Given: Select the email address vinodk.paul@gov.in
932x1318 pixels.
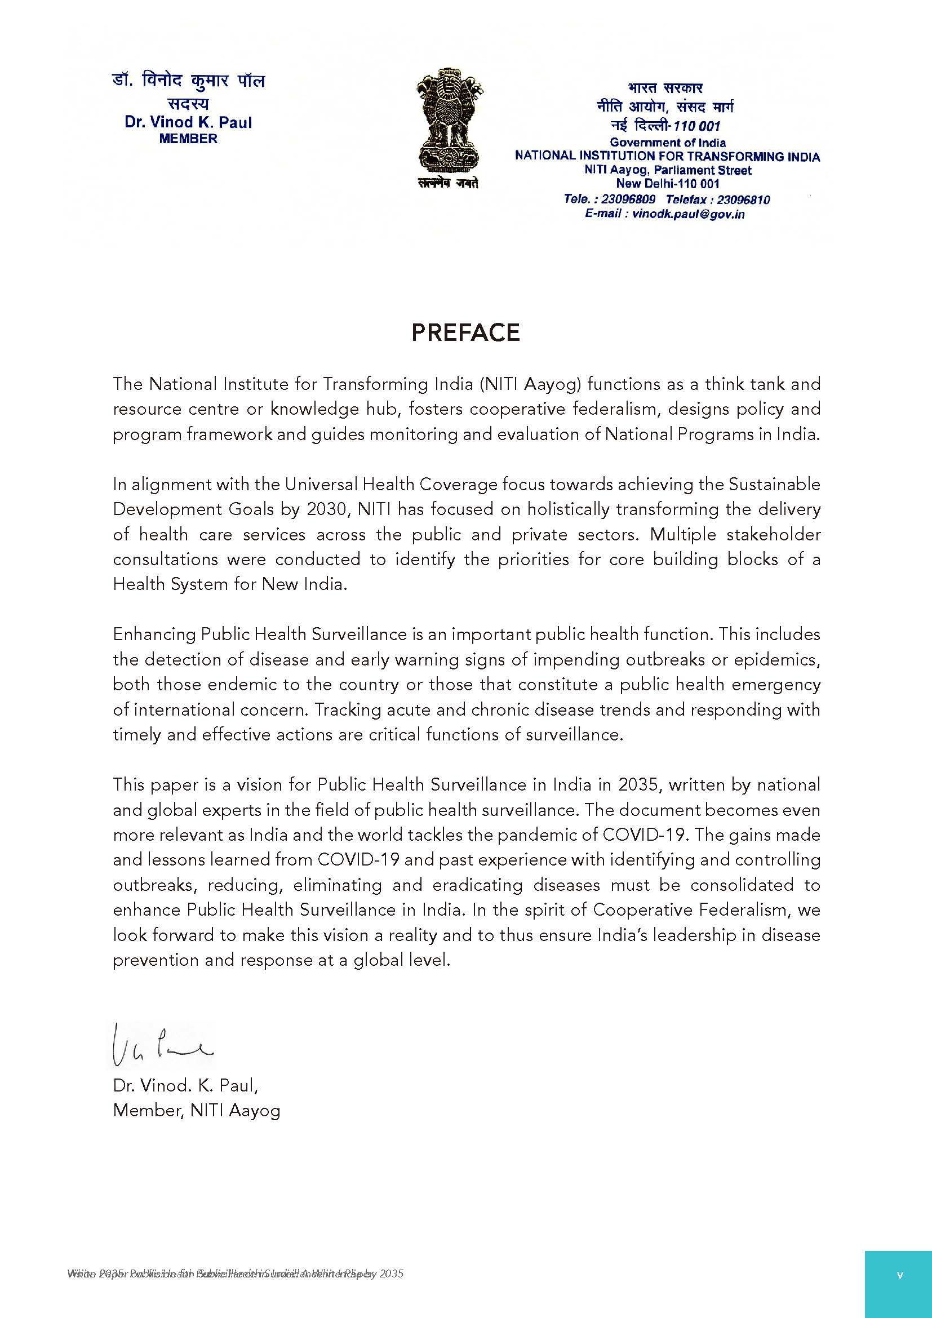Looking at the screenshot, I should click(x=688, y=214).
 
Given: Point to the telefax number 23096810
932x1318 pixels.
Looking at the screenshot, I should click(x=743, y=200).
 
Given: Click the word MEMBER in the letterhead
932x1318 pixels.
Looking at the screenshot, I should click(x=188, y=139).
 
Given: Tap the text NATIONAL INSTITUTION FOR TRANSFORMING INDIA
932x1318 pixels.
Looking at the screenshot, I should click(x=667, y=156).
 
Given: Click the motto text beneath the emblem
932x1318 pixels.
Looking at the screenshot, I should click(x=447, y=184).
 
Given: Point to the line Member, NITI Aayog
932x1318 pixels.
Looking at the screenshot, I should click(x=196, y=1111).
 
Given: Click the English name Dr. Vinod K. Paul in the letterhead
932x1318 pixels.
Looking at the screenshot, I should click(x=188, y=122).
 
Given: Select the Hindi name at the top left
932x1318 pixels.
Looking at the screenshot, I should click(x=188, y=82).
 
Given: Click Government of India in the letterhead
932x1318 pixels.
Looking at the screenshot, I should click(x=667, y=143).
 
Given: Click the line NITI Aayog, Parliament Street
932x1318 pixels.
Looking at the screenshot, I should click(x=667, y=171).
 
